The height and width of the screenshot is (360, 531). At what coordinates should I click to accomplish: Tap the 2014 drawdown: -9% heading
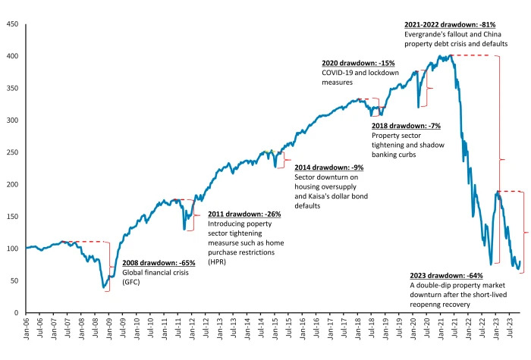click(329, 167)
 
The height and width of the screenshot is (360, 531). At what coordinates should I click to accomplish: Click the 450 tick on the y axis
click(13, 24)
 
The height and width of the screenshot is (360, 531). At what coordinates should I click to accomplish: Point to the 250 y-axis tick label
click(13, 152)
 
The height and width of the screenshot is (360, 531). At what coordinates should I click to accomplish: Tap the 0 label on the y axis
click(17, 312)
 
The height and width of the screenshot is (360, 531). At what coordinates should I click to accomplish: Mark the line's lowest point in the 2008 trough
click(105, 287)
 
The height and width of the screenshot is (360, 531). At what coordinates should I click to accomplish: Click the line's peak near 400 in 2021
click(451, 55)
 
